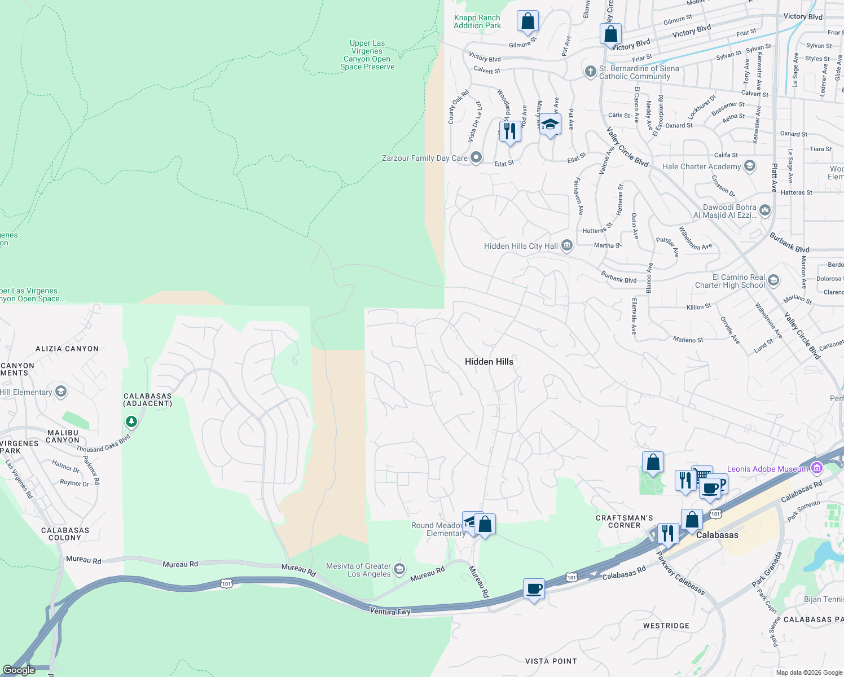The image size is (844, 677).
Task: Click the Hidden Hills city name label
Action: pyautogui.click(x=489, y=362)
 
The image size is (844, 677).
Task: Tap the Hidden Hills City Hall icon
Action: pyautogui.click(x=567, y=245)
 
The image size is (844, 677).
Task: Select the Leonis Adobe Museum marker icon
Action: pyautogui.click(x=816, y=468)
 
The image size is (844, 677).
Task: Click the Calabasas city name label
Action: pyautogui.click(x=717, y=535)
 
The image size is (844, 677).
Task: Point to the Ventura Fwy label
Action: pyautogui.click(x=390, y=611)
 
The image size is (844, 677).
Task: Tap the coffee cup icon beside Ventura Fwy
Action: pyautogui.click(x=533, y=589)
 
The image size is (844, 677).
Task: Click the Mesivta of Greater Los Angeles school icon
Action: pyautogui.click(x=399, y=569)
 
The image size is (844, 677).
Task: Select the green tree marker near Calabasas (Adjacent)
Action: pyautogui.click(x=131, y=421)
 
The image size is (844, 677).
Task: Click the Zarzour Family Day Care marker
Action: pyautogui.click(x=476, y=157)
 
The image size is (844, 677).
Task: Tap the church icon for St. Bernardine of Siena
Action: pyautogui.click(x=590, y=72)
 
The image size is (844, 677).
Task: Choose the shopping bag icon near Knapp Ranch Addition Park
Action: pyautogui.click(x=527, y=21)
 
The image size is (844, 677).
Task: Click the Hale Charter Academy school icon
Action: pyautogui.click(x=749, y=166)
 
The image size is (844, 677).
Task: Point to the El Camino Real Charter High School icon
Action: pyautogui.click(x=773, y=280)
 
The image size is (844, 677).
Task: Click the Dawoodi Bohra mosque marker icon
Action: pyautogui.click(x=765, y=210)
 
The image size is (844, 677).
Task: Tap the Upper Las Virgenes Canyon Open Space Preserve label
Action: pyautogui.click(x=367, y=55)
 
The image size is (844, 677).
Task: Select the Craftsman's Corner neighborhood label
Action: pyautogui.click(x=624, y=521)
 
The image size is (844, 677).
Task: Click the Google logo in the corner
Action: pyautogui.click(x=19, y=670)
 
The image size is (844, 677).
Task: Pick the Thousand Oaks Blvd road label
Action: pyautogui.click(x=103, y=444)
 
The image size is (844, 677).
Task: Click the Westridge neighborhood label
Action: pyautogui.click(x=666, y=626)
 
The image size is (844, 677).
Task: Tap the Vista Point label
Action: pyautogui.click(x=551, y=661)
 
